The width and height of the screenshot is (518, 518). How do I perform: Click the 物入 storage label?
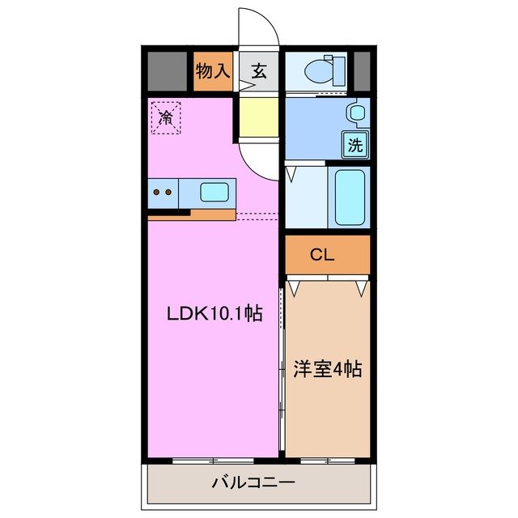point(213,71)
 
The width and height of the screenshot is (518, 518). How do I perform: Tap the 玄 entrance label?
point(258,71)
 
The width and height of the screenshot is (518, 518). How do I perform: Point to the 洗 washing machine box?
point(355,145)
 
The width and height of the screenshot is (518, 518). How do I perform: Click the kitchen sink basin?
point(214,193)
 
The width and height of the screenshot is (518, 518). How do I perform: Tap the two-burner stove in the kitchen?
point(163,193)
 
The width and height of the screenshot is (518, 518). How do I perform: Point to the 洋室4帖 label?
point(326,370)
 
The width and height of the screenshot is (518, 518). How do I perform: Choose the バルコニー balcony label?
point(253,483)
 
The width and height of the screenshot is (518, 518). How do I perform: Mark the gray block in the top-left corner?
point(167,71)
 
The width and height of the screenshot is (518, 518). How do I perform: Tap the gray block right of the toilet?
point(362,71)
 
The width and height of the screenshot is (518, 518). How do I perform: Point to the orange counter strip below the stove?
point(191,214)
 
